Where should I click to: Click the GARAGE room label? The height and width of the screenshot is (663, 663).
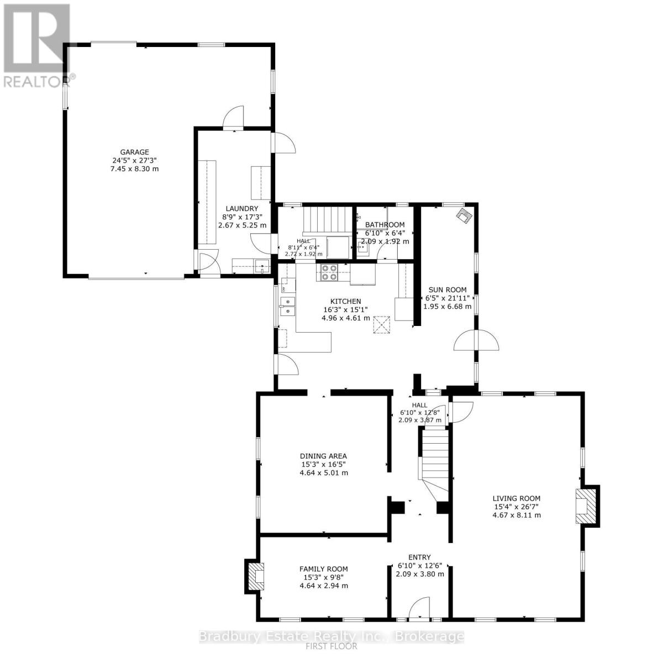coord(134,152)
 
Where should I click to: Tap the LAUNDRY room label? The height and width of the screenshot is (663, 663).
coord(242,208)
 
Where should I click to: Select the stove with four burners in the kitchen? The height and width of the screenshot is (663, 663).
coord(329,272)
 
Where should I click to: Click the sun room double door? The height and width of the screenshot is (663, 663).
coord(476,340)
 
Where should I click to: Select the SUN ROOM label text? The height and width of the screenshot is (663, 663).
coord(448,290)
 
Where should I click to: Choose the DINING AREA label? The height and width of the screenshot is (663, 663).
coord(323,456)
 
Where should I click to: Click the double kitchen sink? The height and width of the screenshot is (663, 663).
coord(287,306)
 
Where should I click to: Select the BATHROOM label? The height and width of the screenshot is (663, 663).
coord(385,225)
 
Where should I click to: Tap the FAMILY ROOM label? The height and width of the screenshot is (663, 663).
coord(323,569)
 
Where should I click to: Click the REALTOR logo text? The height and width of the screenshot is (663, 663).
coord(38,82)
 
